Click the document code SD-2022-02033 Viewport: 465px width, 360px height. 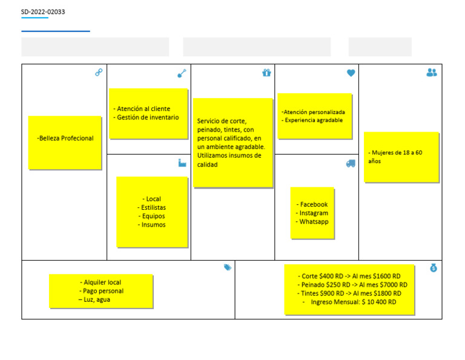click(43, 12)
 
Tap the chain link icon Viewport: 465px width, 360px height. click(99, 72)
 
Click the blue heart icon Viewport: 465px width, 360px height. click(351, 73)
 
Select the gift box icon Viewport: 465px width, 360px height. click(266, 72)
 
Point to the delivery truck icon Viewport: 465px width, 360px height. click(351, 164)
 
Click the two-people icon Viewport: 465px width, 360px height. click(432, 72)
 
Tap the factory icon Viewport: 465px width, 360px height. click(182, 162)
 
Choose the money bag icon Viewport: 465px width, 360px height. click(434, 268)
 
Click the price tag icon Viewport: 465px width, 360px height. click(228, 267)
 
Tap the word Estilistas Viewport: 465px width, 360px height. click(153, 207)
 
